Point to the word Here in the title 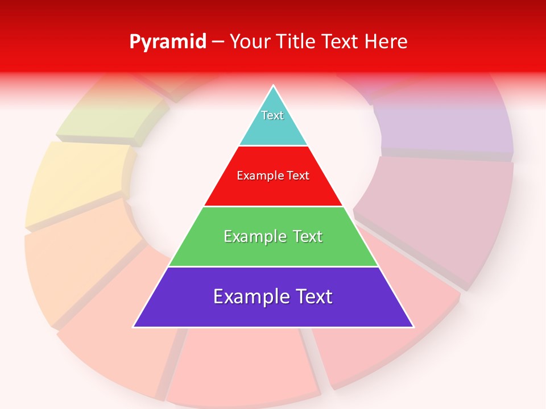[386, 42]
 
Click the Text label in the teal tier [272, 115]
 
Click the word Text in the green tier [307, 236]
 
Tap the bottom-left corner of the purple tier [134, 326]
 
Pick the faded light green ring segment [114, 116]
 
